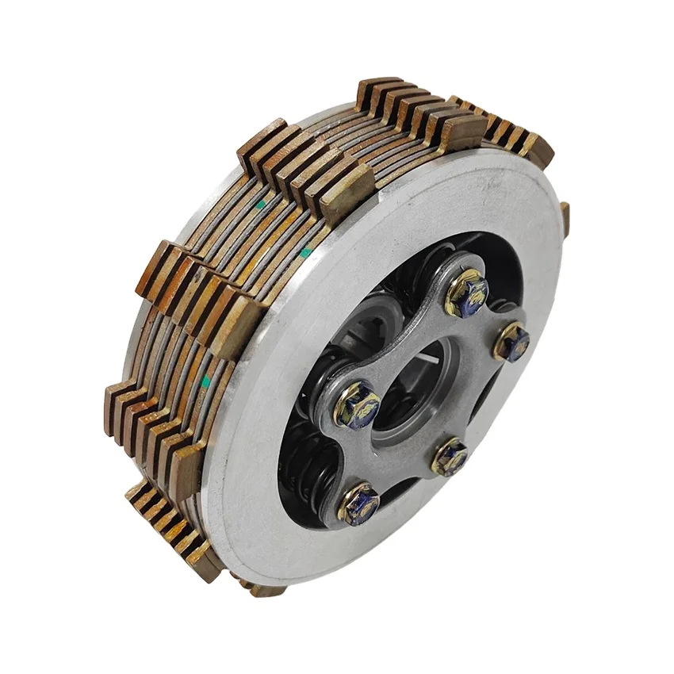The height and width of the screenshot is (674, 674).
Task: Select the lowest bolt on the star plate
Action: [x=359, y=502]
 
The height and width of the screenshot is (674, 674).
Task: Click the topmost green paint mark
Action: [x=261, y=204]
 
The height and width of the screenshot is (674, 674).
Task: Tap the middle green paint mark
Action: [x=305, y=252]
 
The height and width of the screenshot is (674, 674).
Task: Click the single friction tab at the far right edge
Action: [x=565, y=218]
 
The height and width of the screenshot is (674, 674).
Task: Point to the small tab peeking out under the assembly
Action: [x=262, y=588]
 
